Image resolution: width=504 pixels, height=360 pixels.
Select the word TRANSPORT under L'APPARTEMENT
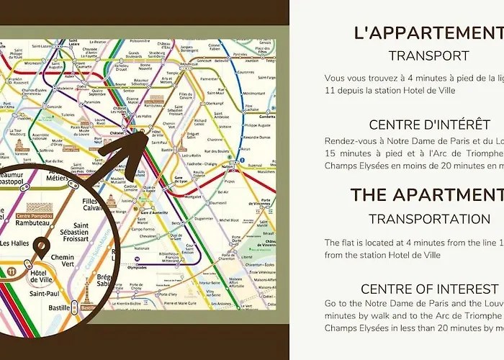coord(428,55)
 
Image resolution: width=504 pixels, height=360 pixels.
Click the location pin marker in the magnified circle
coord(41,250)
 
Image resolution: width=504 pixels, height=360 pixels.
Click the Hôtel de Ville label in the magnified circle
coord(41,278)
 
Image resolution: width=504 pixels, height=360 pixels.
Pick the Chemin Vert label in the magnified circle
coord(62,262)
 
